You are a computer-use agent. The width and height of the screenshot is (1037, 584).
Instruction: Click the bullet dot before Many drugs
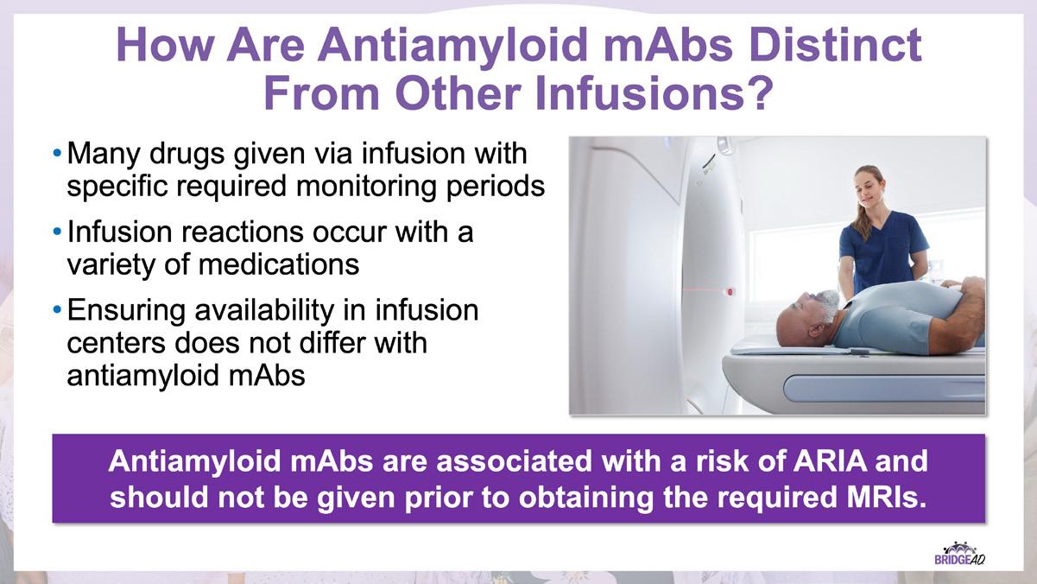57,152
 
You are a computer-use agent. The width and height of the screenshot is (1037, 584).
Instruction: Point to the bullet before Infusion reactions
57,231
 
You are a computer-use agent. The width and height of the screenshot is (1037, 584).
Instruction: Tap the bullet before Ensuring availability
57,309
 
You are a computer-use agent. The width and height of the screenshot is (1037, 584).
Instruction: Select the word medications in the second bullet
279,265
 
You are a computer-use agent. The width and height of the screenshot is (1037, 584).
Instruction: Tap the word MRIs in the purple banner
882,497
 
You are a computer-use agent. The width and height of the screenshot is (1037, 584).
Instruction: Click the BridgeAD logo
959,554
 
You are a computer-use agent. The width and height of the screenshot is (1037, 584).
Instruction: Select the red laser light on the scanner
730,292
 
